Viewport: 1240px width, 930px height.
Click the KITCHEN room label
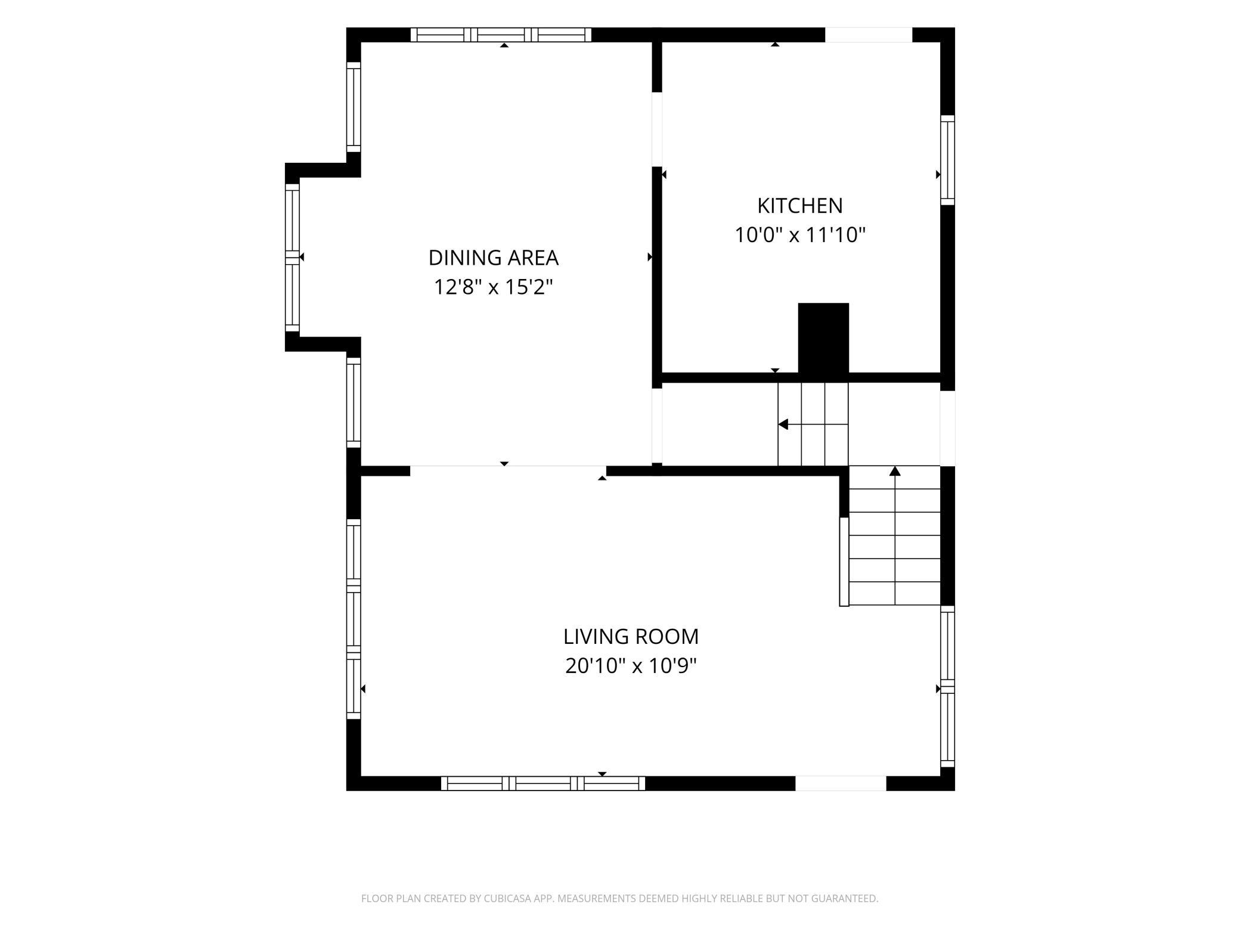pyautogui.click(x=799, y=206)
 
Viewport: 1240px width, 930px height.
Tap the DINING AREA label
pyautogui.click(x=494, y=258)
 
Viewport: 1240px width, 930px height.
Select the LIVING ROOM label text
pyautogui.click(x=631, y=636)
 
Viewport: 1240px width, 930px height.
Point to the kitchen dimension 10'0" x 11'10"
pyautogui.click(x=799, y=235)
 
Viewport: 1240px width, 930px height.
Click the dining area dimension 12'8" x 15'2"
pyautogui.click(x=494, y=287)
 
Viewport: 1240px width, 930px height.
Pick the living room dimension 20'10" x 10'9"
pyautogui.click(x=631, y=665)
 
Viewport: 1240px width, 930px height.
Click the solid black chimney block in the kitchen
pyautogui.click(x=823, y=339)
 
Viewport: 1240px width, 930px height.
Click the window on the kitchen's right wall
pyautogui.click(x=948, y=160)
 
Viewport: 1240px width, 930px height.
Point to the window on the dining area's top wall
pyautogui.click(x=501, y=35)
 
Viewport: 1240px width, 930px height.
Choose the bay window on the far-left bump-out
pyautogui.click(x=292, y=257)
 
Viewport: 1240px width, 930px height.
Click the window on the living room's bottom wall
pyautogui.click(x=543, y=783)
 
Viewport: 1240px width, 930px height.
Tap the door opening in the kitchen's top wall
pyautogui.click(x=869, y=35)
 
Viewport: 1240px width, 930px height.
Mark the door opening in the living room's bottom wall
pyautogui.click(x=841, y=783)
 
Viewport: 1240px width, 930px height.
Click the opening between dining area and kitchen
pyautogui.click(x=657, y=129)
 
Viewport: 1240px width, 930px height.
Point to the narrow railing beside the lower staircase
pyautogui.click(x=844, y=562)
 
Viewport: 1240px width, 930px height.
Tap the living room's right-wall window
pyautogui.click(x=948, y=686)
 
